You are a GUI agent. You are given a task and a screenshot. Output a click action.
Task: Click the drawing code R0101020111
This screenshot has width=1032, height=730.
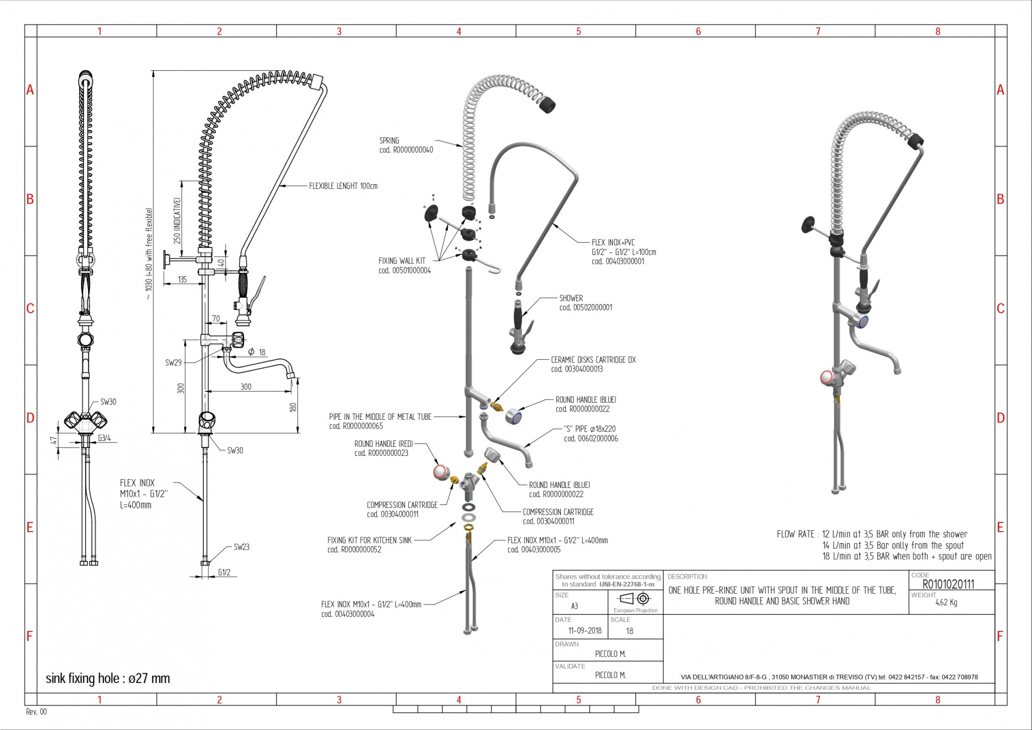coord(948,584)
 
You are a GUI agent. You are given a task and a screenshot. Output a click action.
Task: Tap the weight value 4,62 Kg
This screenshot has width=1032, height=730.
coord(946,602)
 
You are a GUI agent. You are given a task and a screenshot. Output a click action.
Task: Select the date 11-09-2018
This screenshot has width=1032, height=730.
coord(585,630)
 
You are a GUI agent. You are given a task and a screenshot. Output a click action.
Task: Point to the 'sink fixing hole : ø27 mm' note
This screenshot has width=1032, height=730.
coord(108,678)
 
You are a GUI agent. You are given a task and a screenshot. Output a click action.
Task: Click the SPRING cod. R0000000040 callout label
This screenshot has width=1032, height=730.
coord(406,145)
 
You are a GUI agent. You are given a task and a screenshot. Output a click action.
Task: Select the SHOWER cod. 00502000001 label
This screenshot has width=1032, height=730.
coord(585,303)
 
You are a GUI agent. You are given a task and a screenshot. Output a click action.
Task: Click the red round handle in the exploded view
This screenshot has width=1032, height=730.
coord(440,471)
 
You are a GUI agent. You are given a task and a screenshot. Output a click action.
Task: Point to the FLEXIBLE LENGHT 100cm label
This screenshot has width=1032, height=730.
coord(343,186)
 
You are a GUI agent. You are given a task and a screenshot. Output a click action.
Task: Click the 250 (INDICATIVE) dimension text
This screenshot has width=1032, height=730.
coord(177,220)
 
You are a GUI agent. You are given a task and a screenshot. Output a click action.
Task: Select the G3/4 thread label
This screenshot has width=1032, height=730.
coord(104,438)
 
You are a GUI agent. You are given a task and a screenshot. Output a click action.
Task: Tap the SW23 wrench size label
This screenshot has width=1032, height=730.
coord(241,547)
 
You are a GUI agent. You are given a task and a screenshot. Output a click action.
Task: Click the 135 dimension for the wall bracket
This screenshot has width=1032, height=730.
coord(182,279)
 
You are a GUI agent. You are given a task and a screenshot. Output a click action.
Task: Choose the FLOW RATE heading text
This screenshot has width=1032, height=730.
coord(795,534)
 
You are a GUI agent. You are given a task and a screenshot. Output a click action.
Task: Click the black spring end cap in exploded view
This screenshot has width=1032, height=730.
coord(547,105)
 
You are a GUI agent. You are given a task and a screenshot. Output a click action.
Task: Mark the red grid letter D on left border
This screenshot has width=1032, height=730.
coord(30,418)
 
